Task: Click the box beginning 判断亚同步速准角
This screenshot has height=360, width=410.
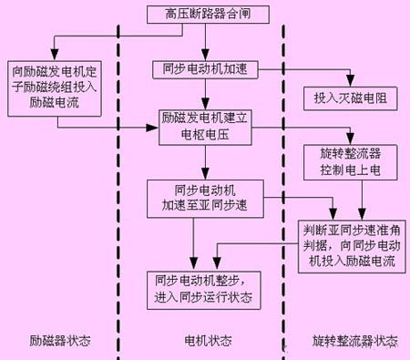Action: pos(349,237)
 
